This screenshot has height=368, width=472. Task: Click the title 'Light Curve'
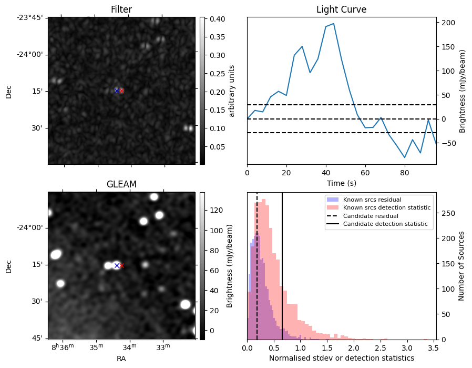341,9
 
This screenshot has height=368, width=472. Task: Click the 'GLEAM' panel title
121,184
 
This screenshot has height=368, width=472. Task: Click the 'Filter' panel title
121,9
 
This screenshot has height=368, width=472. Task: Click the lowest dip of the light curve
405,157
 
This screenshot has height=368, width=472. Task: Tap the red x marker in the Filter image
121,91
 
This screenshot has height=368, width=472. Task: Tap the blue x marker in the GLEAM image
117,265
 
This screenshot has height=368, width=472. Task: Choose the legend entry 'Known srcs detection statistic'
386,207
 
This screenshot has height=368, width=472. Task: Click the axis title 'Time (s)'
341,182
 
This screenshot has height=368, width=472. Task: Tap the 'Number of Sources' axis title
461,265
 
